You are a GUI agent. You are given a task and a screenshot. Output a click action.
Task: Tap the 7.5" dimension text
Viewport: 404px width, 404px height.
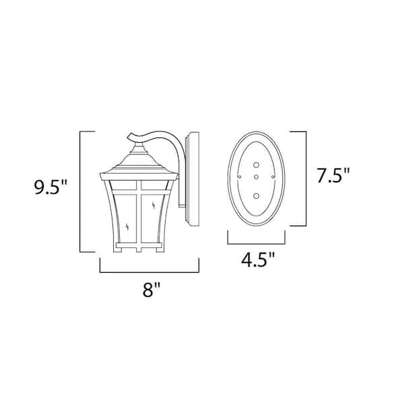[x=333, y=178]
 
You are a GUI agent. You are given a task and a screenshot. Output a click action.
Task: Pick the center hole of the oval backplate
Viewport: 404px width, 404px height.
[x=257, y=177]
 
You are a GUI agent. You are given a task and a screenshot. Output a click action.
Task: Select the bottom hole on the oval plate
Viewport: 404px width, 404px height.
[x=257, y=195]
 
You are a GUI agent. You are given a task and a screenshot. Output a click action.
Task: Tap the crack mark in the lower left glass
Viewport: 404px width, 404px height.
[x=127, y=227]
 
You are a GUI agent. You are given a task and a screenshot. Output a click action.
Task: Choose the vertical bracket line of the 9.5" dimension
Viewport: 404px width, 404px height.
[x=81, y=191]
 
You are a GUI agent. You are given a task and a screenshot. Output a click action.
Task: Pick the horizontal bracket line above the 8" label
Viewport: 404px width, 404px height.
[x=151, y=273]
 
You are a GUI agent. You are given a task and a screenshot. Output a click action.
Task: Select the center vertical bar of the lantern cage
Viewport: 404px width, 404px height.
[x=142, y=215]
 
